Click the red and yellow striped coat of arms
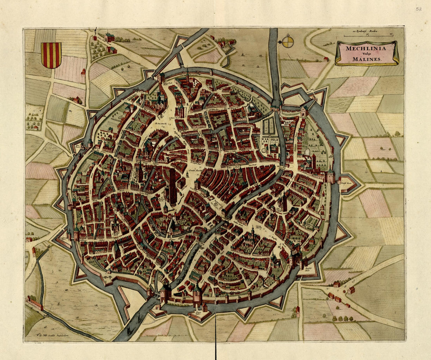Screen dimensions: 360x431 (x=51, y=55)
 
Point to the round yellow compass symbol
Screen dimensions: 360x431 (x=288, y=42)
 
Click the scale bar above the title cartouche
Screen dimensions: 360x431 (x=368, y=36)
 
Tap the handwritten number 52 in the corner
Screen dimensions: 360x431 (x=418, y=9)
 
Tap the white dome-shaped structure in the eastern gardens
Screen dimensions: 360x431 (x=307, y=152)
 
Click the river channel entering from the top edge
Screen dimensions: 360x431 (x=273, y=47)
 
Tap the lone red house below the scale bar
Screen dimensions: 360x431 (x=326, y=59)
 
